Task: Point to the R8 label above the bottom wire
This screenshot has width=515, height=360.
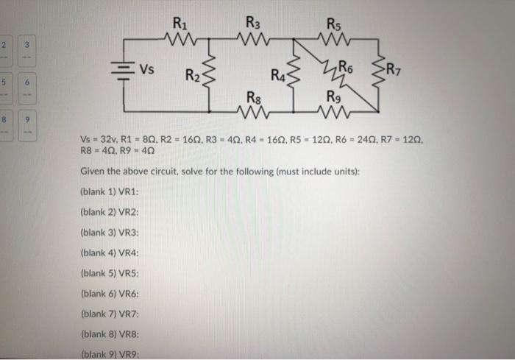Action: [x=252, y=96]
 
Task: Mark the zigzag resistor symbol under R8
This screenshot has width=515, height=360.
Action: [x=252, y=110]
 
